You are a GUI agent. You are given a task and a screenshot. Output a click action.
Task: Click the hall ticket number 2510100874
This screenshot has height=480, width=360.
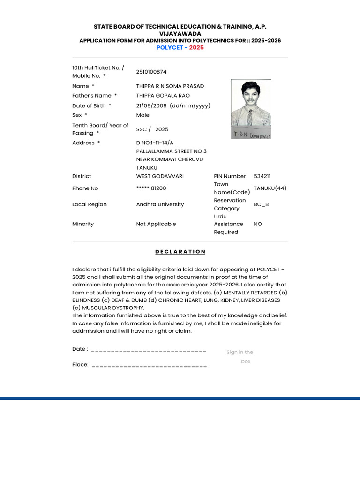(151, 72)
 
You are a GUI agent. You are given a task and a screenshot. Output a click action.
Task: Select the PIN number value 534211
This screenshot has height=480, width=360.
(262, 176)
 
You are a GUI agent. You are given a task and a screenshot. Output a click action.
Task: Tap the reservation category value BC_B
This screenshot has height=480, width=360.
(261, 204)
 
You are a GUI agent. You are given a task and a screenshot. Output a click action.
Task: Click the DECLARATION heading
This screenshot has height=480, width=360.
(180, 252)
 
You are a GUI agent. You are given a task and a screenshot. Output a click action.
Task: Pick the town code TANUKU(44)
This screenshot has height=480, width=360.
(270, 188)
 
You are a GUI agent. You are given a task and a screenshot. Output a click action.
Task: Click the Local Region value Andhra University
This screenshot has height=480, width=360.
(160, 204)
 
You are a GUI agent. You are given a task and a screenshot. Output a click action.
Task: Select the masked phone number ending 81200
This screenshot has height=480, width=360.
(151, 188)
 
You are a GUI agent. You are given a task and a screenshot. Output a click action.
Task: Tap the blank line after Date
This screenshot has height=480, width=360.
(149, 350)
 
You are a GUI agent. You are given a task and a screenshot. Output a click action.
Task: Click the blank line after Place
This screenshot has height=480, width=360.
(149, 365)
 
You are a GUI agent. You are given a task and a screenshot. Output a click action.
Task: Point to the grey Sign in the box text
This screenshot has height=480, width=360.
(240, 357)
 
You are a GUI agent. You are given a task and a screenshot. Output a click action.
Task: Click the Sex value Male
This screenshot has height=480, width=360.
(143, 115)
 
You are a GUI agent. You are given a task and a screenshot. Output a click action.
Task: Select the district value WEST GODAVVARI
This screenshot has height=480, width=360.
(160, 176)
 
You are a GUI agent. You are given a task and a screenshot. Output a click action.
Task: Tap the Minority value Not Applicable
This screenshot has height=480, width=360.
(156, 224)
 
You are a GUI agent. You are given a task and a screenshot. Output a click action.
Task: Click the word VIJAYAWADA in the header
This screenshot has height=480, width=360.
(180, 34)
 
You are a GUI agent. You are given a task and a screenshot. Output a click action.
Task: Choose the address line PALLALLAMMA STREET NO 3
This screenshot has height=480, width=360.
(171, 151)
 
